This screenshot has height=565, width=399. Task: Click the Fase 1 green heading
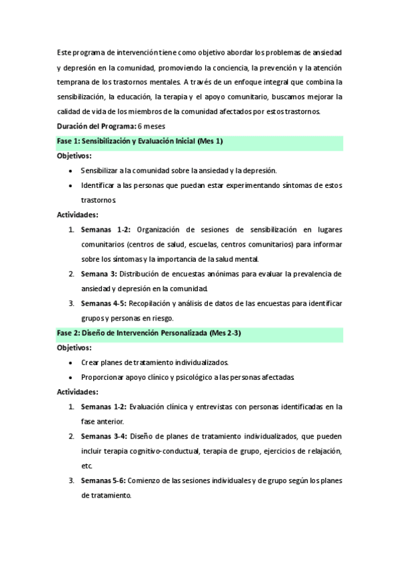pyautogui.click(x=140, y=141)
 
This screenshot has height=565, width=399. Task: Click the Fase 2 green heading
pyautogui.click(x=148, y=332)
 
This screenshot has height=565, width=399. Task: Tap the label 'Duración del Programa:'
pyautogui.click(x=96, y=126)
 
